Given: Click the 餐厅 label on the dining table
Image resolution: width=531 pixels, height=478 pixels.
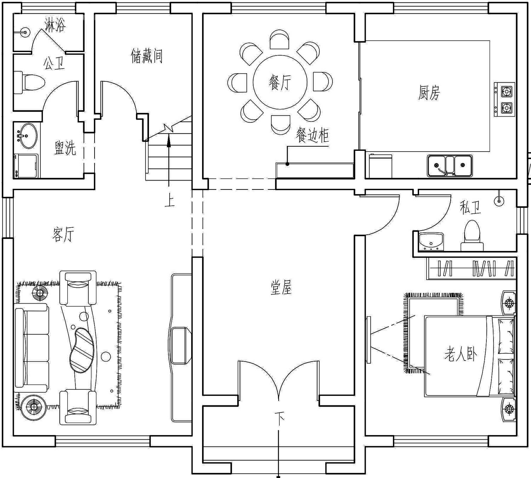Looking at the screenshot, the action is point(280,82).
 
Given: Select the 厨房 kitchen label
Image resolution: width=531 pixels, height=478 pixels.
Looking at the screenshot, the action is point(429,92).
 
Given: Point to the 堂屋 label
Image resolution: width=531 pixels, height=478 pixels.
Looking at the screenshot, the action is point(281,287).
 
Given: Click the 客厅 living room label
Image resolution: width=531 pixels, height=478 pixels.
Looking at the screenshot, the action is point(63,234).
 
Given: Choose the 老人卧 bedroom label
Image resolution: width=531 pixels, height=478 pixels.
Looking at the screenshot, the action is point(461,354).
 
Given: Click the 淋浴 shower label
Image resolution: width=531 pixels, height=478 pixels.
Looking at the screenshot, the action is point(55,25).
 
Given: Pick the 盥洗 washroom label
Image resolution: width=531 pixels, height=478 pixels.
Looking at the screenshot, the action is point(65,148).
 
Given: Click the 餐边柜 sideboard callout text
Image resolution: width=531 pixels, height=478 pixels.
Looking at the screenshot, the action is point(312,135).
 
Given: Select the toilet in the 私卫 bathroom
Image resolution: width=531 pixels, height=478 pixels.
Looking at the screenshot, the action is point(472,236).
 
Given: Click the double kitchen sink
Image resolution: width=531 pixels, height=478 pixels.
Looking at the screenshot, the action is point(450,166).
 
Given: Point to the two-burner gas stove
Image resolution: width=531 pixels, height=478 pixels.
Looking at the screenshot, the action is point(504,99).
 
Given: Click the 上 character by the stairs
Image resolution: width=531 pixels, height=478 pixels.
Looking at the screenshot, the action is point(170,200).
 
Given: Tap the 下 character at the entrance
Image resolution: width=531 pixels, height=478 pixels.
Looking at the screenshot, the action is point(280,416).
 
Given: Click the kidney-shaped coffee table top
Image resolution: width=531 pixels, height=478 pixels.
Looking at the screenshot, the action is point(81,350).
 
